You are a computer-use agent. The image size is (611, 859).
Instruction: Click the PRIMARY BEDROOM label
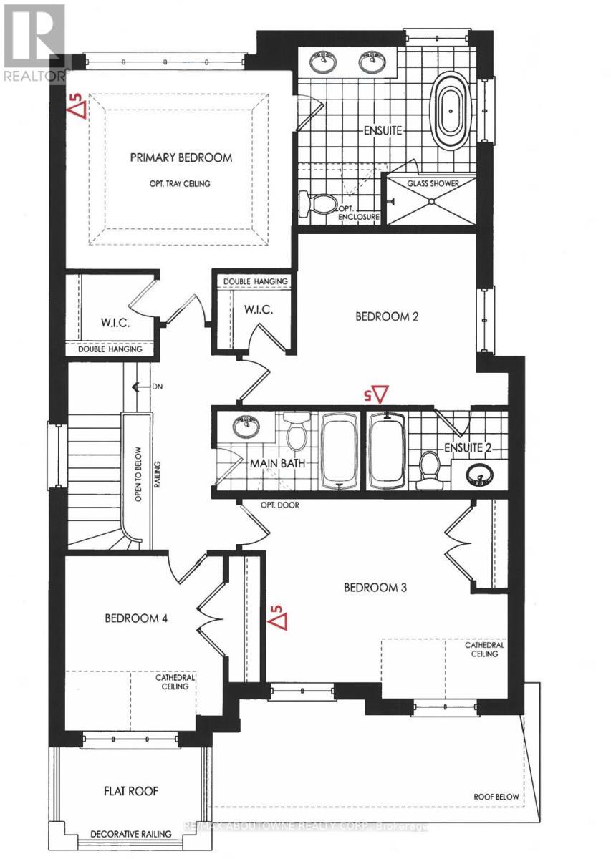click(181, 157)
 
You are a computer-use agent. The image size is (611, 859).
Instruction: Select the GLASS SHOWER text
click(433, 183)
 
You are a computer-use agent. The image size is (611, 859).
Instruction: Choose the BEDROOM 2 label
click(387, 316)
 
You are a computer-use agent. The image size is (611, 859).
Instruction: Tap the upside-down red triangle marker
click(377, 394)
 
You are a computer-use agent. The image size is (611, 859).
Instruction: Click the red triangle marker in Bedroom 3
click(277, 618)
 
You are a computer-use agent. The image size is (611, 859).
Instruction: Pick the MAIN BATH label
click(277, 463)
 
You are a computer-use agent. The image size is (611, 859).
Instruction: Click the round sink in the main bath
click(246, 427)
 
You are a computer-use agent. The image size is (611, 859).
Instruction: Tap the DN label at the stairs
click(158, 387)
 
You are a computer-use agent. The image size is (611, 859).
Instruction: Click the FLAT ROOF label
click(130, 791)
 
